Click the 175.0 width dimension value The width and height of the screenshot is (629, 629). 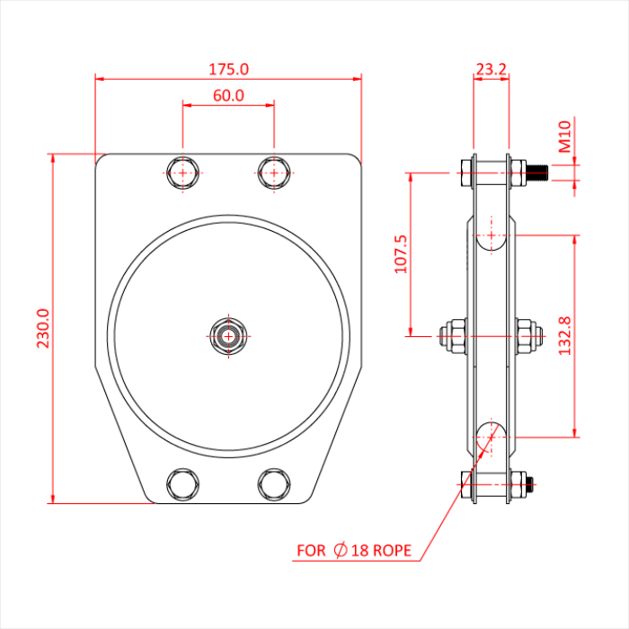[x=228, y=68]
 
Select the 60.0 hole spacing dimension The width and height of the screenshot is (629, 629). [x=228, y=95]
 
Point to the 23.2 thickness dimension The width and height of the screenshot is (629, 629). [x=491, y=68]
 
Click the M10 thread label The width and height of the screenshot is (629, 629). [x=565, y=139]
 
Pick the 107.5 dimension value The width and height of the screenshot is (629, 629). [x=401, y=254]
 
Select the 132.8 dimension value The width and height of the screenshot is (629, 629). [x=565, y=336]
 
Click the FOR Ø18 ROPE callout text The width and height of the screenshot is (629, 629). [x=355, y=550]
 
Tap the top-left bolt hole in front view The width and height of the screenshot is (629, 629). [x=183, y=173]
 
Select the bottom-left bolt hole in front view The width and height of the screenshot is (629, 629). [x=183, y=483]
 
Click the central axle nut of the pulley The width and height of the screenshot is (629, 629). [x=228, y=336]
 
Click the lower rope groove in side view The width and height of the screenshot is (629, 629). [x=490, y=436]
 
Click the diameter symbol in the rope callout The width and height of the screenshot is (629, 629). [x=341, y=550]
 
